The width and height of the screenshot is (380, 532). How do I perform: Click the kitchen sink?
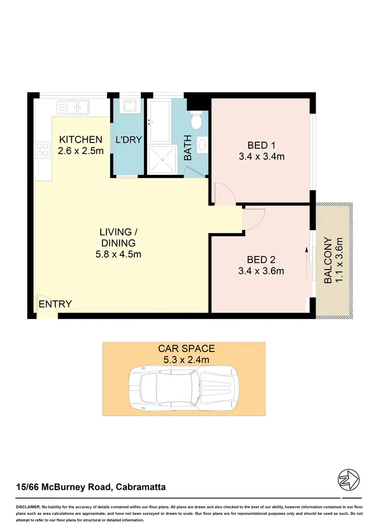pyautogui.click(x=73, y=107)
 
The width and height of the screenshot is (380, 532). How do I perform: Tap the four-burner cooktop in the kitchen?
pyautogui.click(x=42, y=149)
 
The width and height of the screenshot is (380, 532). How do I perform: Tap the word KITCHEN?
pyautogui.click(x=81, y=140)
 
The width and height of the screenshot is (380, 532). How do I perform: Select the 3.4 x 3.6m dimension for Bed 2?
pyautogui.click(x=261, y=271)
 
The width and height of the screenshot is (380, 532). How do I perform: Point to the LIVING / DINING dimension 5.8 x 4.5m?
pyautogui.click(x=119, y=254)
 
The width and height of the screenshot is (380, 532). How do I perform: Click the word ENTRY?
pyautogui.click(x=55, y=304)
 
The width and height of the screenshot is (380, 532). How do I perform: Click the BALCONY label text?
pyautogui.click(x=328, y=260)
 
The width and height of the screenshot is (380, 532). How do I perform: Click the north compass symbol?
pyautogui.click(x=349, y=479)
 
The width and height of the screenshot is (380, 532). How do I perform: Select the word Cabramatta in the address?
pyautogui.click(x=141, y=487)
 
